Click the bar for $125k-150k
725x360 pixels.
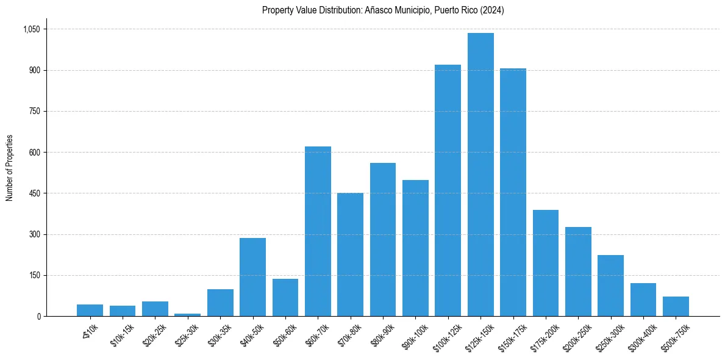pos(480,175)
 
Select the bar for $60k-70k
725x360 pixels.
pos(318,231)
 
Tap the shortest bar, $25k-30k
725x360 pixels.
pos(188,315)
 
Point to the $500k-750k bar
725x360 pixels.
pos(676,306)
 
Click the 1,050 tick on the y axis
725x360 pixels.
pos(31,29)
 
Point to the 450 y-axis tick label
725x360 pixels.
pos(35,193)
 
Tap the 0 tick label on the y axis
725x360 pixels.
pos(38,316)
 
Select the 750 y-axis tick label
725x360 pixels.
pos(35,112)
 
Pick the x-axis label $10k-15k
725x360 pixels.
pos(121,334)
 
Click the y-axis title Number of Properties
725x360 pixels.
pos(10,168)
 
